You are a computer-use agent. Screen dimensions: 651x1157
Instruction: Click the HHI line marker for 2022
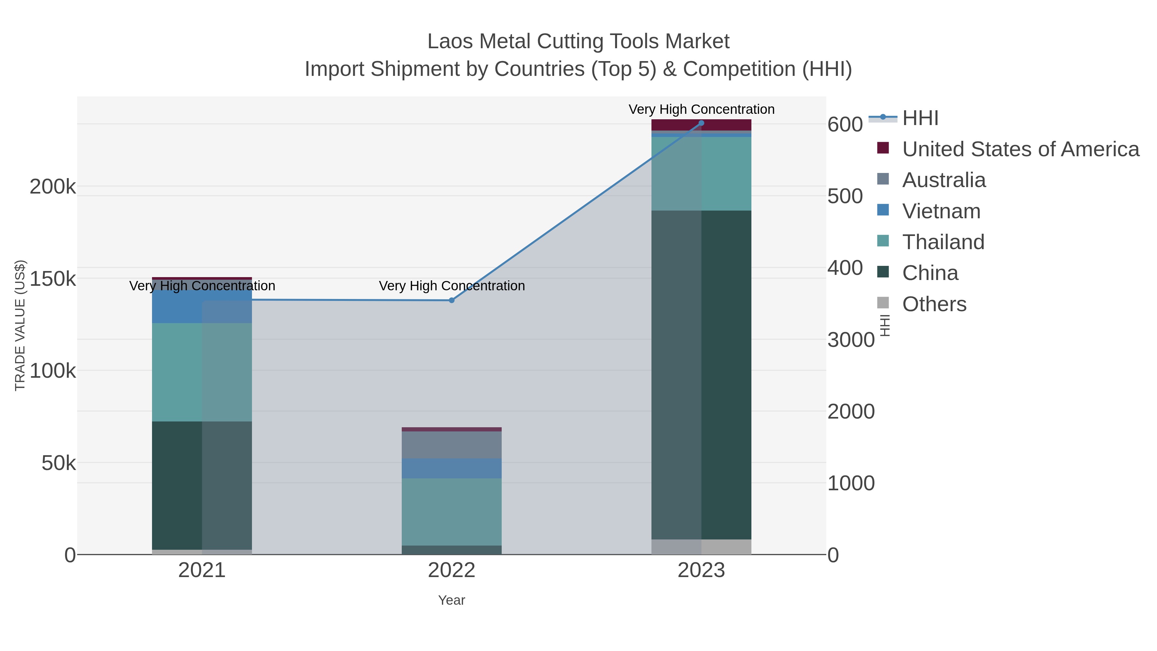pos(452,300)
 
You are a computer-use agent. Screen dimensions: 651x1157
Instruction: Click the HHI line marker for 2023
pos(701,123)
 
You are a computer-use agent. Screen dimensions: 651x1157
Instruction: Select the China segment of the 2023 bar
pos(701,375)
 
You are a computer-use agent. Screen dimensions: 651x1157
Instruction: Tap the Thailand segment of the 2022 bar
pos(452,512)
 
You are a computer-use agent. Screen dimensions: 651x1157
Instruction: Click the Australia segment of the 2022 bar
pos(452,445)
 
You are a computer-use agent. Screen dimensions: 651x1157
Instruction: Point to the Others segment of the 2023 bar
pos(701,547)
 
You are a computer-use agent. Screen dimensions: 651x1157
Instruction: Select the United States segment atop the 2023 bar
pos(701,125)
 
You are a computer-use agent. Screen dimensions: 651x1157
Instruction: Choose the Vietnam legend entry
pos(941,211)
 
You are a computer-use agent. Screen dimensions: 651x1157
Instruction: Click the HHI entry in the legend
pos(920,118)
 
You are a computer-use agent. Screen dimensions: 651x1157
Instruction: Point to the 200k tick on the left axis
pos(53,186)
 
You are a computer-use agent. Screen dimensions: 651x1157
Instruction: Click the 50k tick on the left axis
pos(59,463)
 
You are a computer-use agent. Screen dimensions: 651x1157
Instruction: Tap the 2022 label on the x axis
pos(452,571)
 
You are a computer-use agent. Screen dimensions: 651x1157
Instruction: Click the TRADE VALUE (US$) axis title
pos(20,325)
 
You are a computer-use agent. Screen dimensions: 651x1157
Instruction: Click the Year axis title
pos(452,600)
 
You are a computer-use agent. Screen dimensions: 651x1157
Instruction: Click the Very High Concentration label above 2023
pos(701,109)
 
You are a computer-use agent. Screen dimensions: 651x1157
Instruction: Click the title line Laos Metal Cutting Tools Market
pos(578,41)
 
